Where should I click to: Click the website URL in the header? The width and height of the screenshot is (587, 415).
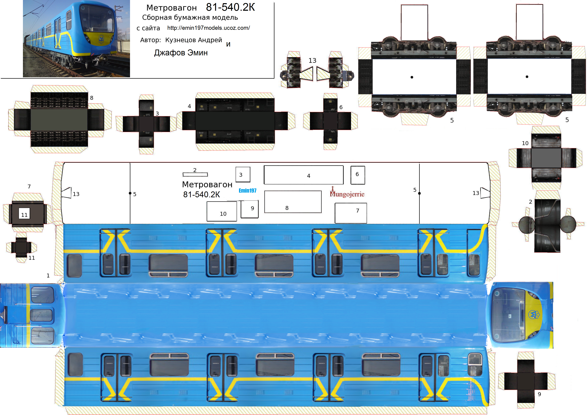click(x=208, y=28)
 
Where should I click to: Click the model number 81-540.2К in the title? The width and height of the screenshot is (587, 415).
click(x=230, y=7)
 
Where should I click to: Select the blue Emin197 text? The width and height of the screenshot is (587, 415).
click(x=247, y=190)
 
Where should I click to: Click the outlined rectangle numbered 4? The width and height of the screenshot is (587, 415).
click(x=304, y=175)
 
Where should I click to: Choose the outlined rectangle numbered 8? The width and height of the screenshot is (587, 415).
click(x=293, y=202)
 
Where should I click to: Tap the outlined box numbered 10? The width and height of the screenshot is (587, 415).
click(x=222, y=211)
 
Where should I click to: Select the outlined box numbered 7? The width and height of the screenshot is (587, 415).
click(x=351, y=213)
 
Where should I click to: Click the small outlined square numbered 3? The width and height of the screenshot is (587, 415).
click(x=243, y=174)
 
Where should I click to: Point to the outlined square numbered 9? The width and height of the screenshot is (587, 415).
click(x=249, y=209)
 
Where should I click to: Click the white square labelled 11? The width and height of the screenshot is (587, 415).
click(x=24, y=213)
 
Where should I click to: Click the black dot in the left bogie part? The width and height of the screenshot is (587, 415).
click(x=412, y=77)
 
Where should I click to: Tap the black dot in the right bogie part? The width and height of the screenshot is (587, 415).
click(x=527, y=77)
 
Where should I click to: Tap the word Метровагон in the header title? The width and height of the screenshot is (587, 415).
click(x=171, y=8)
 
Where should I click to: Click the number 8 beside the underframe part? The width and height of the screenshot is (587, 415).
click(x=92, y=98)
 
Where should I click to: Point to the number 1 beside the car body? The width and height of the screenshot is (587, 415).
click(x=48, y=276)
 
